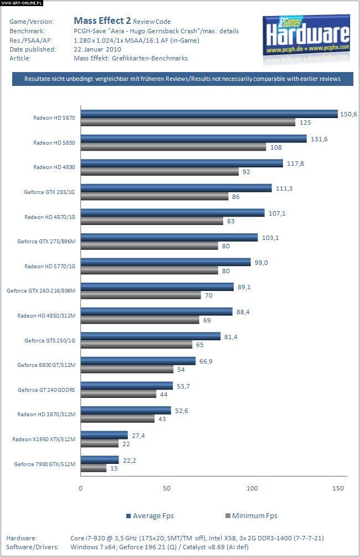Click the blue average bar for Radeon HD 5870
click(209, 114)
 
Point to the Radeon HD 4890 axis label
click(54, 167)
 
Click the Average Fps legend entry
click(151, 515)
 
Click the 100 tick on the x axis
click(253, 488)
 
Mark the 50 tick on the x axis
click(167, 488)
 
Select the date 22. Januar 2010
click(97, 49)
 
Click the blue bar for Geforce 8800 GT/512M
click(138, 361)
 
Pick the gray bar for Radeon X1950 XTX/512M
click(100, 443)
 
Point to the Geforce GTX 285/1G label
click(50, 192)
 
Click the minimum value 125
click(305, 122)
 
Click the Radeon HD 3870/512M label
click(47, 414)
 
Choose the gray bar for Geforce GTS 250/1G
click(137, 344)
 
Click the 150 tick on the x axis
click(338, 488)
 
